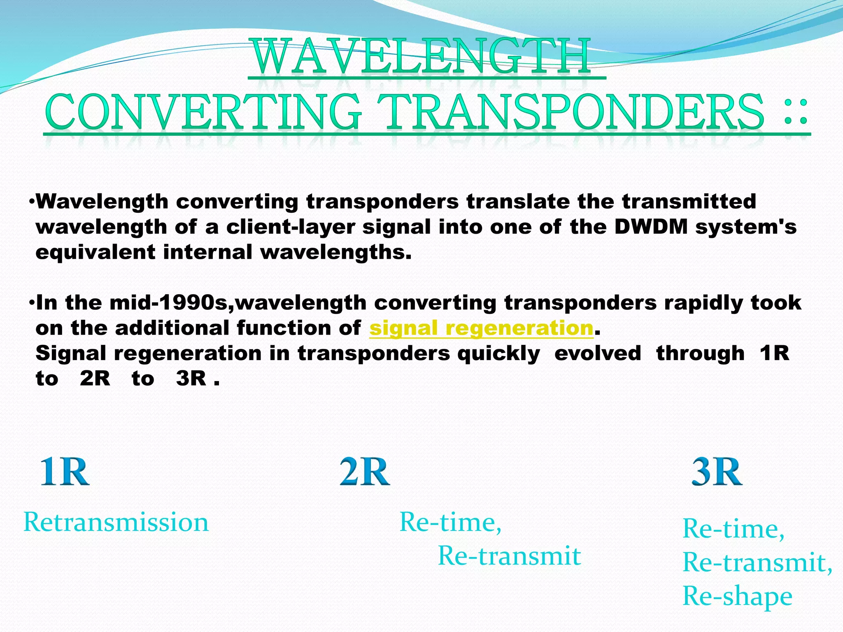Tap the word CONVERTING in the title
pos(204,112)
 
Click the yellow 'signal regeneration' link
pos(481,328)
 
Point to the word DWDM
pos(651,227)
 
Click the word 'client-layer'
pos(290,227)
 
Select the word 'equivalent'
pos(95,252)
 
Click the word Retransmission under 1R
pos(116,522)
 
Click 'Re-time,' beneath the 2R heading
pos(450,522)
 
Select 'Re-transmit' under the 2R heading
pos(509,556)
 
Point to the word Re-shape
pos(737,596)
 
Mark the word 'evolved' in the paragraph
pos(598,354)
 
